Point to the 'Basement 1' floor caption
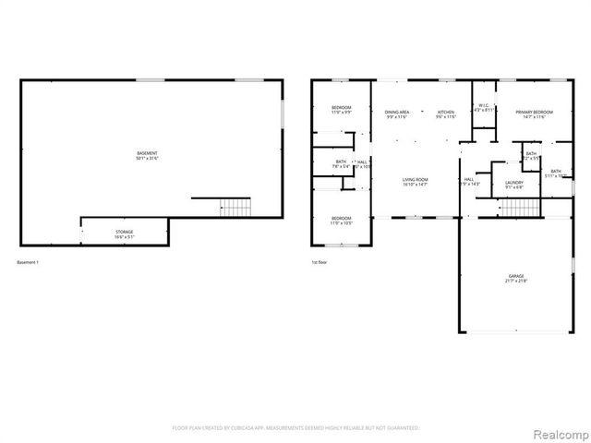pyautogui.click(x=29, y=263)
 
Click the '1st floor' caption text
pyautogui.click(x=320, y=263)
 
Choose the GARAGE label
pyautogui.click(x=515, y=278)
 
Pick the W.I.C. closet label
pyautogui.click(x=483, y=107)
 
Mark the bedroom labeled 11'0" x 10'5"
pyautogui.click(x=342, y=221)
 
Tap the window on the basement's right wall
pyautogui.click(x=282, y=115)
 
